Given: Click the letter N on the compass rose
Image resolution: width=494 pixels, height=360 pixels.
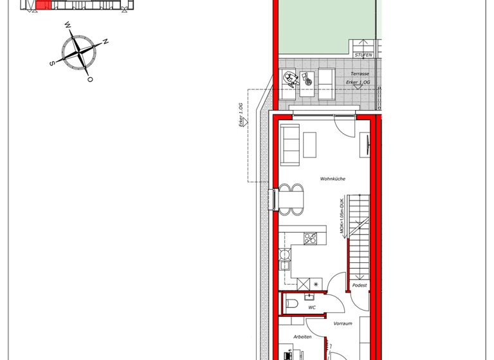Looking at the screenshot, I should [105, 42].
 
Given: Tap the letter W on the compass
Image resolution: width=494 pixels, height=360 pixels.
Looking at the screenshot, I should [68, 26].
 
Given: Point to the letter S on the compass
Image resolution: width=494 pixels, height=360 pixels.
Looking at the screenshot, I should [51, 63].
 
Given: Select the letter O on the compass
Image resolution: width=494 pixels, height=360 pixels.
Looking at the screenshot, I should [90, 79].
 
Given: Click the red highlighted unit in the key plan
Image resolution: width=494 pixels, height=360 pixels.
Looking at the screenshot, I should [42, 5].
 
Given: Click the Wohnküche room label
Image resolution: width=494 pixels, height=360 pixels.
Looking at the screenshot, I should [333, 179].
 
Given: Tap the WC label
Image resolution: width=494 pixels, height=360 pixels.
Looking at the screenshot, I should [311, 307].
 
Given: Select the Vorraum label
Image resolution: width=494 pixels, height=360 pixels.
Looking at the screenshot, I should [343, 323].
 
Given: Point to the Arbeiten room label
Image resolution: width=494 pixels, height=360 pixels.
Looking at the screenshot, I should [302, 336].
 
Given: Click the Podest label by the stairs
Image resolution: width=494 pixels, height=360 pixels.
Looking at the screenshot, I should [359, 285].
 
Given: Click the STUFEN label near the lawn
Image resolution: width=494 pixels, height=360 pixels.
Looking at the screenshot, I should [363, 55].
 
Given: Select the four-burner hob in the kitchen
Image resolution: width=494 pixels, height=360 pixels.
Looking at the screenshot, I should [310, 238].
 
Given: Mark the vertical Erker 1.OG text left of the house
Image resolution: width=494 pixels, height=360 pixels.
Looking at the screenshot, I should [242, 115].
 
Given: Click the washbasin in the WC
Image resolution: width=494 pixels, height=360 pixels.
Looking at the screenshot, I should [310, 296].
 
